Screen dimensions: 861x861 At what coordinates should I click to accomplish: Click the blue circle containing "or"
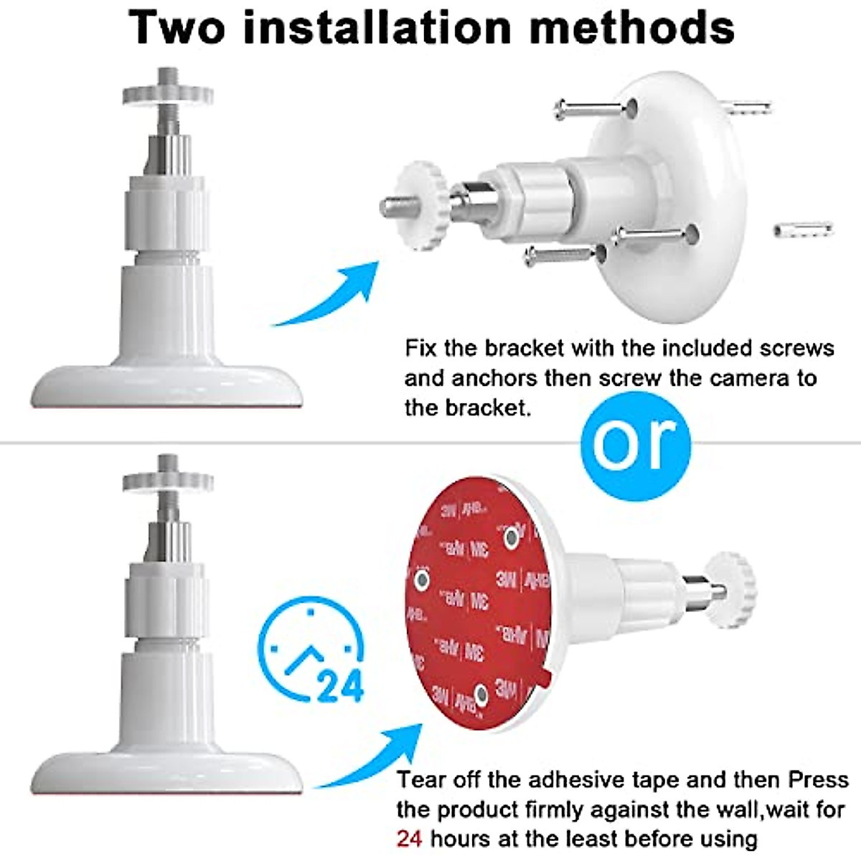click(x=634, y=440)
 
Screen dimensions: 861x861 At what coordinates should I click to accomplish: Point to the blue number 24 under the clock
click(x=340, y=687)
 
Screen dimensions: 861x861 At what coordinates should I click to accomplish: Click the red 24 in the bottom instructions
click(x=410, y=838)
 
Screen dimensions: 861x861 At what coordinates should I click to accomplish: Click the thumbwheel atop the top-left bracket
click(x=167, y=94)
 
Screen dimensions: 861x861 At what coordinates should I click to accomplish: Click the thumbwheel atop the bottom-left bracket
click(x=167, y=481)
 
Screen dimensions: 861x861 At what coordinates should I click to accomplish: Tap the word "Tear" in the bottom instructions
click(x=424, y=779)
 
